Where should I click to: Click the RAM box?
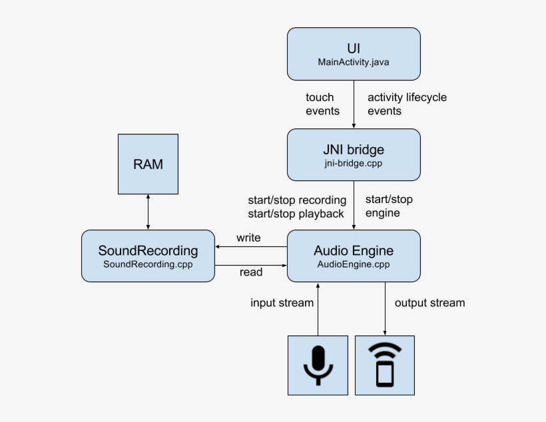(x=148, y=164)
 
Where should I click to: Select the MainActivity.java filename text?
(x=354, y=62)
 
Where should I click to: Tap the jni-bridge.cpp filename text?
(x=354, y=163)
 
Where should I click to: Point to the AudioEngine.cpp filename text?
(x=354, y=264)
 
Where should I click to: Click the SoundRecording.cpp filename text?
(x=148, y=264)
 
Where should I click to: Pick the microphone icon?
(x=318, y=365)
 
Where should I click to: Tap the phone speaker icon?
(x=385, y=365)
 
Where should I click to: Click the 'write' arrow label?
(x=248, y=238)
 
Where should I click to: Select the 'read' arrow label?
(x=251, y=272)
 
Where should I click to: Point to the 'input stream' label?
(x=282, y=303)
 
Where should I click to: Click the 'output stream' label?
(x=429, y=303)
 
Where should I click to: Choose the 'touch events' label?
(x=322, y=104)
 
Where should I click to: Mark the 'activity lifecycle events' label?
(x=407, y=104)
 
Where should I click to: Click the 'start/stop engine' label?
(x=389, y=206)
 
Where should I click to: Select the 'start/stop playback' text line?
(x=296, y=214)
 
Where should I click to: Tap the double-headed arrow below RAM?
(x=148, y=212)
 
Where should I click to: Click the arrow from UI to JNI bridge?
(x=354, y=105)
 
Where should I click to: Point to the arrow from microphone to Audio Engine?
(x=318, y=309)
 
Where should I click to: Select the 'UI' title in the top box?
(x=354, y=49)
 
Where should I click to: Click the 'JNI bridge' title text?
(x=354, y=150)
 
